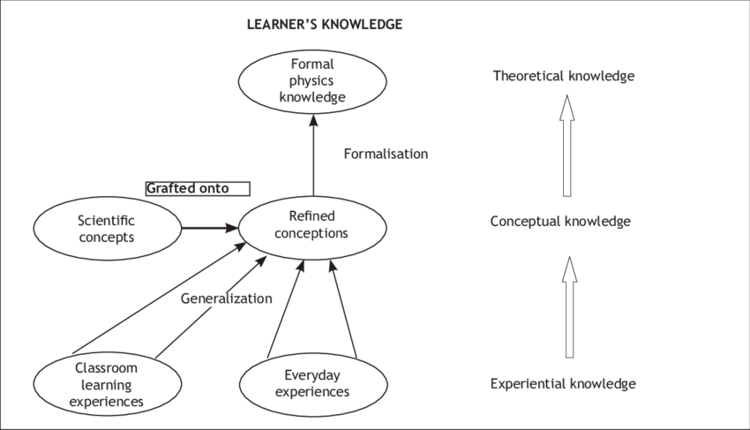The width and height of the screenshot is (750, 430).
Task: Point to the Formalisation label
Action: [x=385, y=154]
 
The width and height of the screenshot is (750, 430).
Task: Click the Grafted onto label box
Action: [x=198, y=188]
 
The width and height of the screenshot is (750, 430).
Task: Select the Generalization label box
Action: [x=230, y=298]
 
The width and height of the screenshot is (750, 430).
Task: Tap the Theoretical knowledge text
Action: [x=563, y=76]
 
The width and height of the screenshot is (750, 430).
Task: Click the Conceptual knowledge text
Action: [x=560, y=222]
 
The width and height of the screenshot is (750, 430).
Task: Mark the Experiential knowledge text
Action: [x=562, y=384]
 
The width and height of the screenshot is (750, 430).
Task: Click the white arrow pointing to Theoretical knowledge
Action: [x=568, y=145]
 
